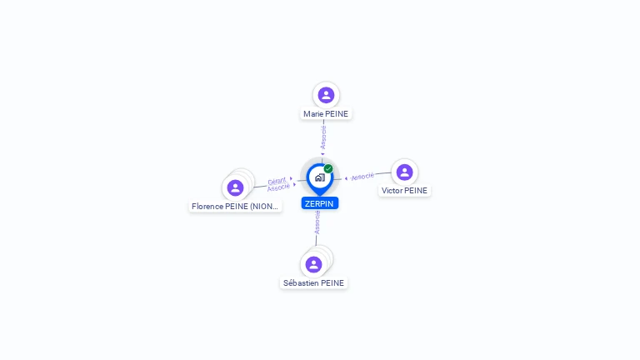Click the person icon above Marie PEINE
326,95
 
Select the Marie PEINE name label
326,114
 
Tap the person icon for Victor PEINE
404,172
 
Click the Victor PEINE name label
404,191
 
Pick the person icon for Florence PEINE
235,187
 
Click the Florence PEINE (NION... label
235,207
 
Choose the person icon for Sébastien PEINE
313,264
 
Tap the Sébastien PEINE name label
313,283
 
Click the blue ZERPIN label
320,203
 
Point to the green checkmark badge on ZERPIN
328,168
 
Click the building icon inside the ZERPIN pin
320,177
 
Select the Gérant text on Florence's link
277,181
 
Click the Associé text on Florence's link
278,187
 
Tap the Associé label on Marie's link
323,137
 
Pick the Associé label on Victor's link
362,177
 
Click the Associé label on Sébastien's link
317,222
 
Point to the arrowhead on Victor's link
346,178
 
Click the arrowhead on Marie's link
322,154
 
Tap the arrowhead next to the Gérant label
291,178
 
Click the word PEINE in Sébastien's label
332,283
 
